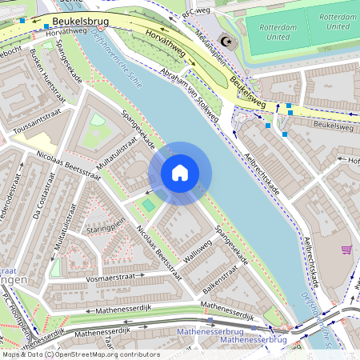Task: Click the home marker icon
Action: tap(180, 173)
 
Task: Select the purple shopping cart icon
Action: tap(346, 250)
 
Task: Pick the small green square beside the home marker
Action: tap(149, 206)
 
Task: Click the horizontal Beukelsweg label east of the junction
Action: tap(334, 126)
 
